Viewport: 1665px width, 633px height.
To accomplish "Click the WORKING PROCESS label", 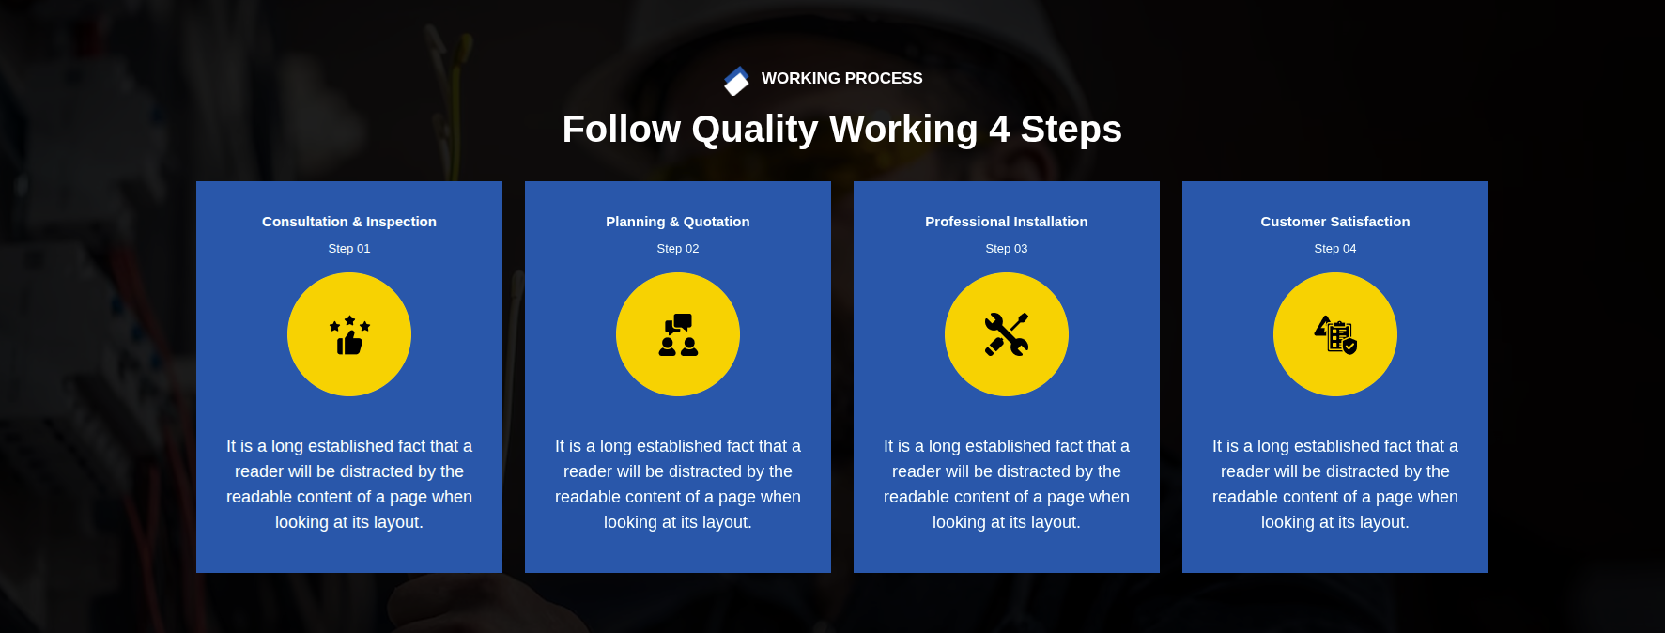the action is pos(841,79).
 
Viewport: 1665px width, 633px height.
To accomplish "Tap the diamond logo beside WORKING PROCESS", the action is pos(736,81).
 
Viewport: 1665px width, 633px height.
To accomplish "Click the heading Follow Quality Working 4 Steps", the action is pos(841,129).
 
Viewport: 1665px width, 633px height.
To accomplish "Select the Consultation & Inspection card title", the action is pos(349,222).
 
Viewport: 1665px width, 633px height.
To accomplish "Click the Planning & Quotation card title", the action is pos(678,222).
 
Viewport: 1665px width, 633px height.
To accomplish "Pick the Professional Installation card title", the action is pos(1007,222).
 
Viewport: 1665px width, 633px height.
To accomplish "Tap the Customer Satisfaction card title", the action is pos(1335,222).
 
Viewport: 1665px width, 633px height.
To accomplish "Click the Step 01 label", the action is pos(349,249).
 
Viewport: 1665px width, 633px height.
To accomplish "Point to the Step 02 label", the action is pos(678,249).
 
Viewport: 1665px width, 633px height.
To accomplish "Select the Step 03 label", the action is pos(1007,249).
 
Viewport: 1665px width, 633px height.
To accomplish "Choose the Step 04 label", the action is pos(1335,249).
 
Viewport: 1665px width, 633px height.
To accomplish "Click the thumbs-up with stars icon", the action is pos(349,335).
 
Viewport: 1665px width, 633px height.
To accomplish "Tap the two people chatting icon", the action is pos(678,335).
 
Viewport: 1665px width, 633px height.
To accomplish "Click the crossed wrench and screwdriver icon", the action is pos(1007,335).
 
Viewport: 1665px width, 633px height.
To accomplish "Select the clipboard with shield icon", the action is pos(1335,335).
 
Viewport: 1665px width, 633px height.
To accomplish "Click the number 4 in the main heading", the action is pos(999,130).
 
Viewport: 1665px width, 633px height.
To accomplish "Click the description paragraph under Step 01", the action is pos(349,485).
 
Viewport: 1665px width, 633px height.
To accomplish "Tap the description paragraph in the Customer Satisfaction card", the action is pos(1335,485).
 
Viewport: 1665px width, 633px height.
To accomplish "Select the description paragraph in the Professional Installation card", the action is pos(1007,485).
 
